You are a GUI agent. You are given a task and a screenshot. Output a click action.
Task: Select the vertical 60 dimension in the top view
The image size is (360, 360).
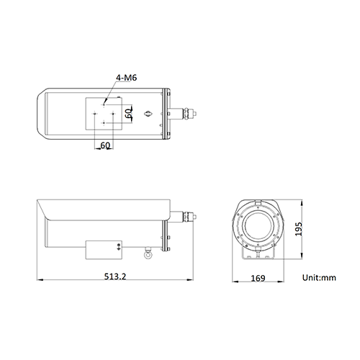128,113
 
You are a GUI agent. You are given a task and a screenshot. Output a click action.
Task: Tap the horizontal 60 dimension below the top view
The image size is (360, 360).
105,145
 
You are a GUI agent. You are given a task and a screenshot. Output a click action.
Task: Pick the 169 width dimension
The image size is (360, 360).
258,278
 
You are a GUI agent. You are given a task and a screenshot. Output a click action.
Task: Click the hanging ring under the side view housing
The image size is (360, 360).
148,253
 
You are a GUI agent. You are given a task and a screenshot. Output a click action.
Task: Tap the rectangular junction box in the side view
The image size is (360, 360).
104,249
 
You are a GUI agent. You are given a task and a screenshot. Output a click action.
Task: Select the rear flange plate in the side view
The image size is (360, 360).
168,227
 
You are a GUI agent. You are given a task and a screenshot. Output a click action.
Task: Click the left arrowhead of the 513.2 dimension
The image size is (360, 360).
40,282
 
